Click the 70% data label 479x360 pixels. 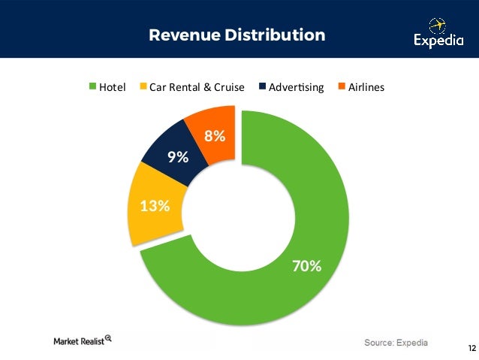[306, 266]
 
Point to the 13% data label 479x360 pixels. [155, 205]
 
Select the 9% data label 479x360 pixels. [177, 157]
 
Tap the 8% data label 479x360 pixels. [215, 136]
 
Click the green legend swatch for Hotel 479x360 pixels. [94, 87]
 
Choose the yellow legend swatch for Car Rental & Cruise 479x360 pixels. [143, 87]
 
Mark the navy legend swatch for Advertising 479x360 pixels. [262, 87]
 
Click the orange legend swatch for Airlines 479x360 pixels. [341, 87]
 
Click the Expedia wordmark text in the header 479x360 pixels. [438, 42]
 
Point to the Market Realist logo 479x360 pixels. [83, 340]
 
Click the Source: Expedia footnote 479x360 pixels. [396, 343]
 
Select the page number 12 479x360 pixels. [471, 348]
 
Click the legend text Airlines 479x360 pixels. [366, 87]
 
